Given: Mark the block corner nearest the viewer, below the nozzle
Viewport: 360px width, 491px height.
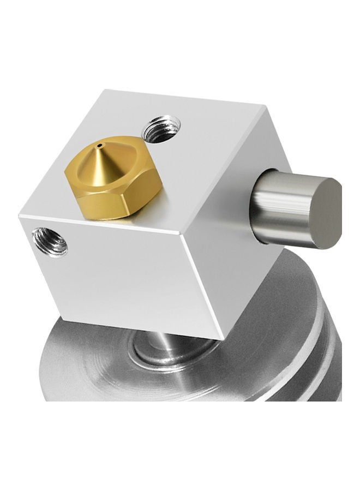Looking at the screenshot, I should click(x=181, y=236).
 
